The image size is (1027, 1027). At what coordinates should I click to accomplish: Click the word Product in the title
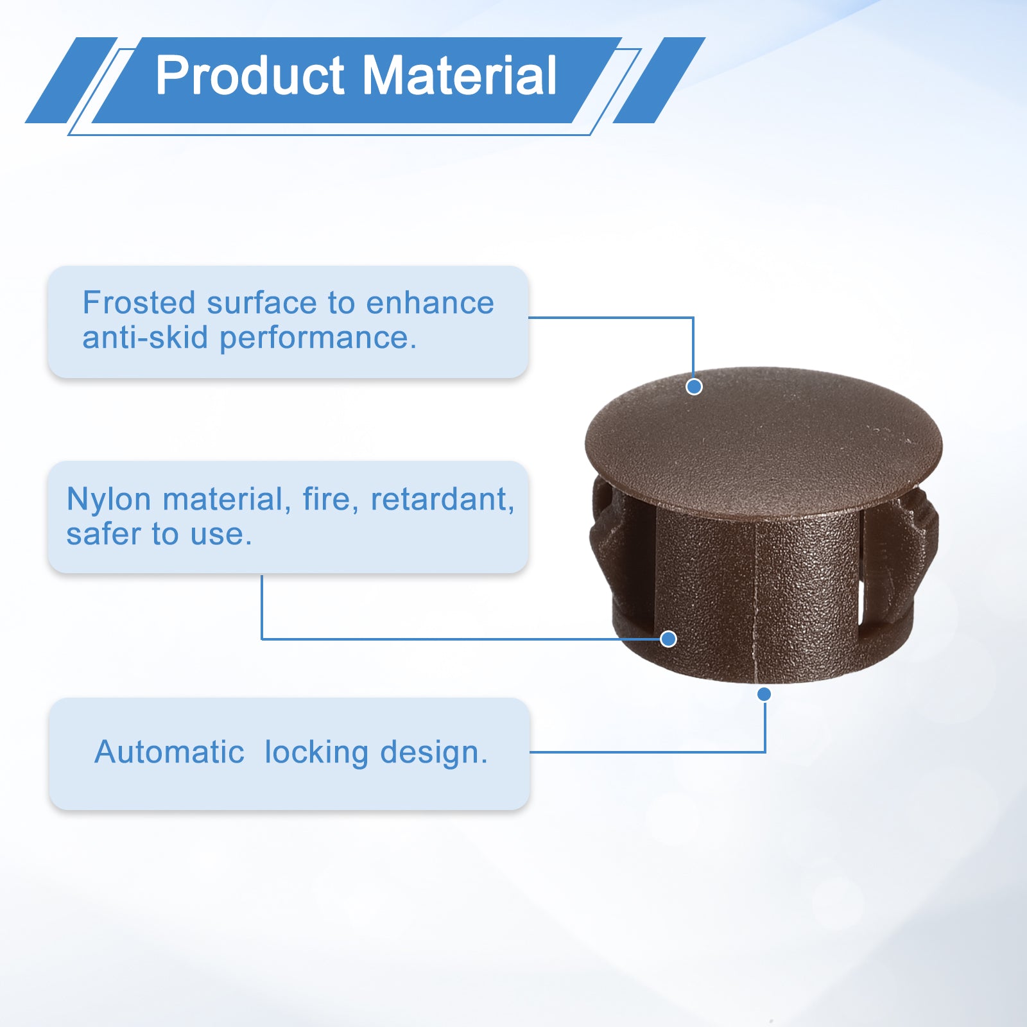tap(250, 76)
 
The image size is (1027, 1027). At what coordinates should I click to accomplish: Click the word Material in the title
tap(460, 75)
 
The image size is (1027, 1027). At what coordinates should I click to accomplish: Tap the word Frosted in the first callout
tap(139, 302)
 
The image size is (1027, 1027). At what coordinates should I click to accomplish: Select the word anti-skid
tap(145, 338)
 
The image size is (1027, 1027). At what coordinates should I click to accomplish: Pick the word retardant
tap(442, 499)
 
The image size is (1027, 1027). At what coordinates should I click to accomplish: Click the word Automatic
tap(169, 752)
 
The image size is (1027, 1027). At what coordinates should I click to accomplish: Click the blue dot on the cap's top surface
tap(694, 386)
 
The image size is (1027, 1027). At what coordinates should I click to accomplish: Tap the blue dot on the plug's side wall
tap(668, 639)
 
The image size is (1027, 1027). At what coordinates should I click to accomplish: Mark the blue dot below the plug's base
tap(764, 694)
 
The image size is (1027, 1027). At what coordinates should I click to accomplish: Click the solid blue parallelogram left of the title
tap(71, 80)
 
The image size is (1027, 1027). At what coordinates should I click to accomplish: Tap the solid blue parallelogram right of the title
tap(659, 80)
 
